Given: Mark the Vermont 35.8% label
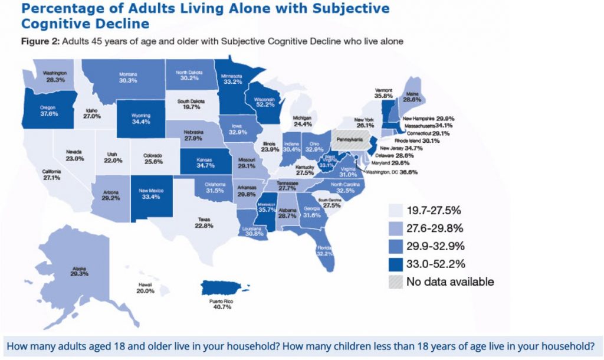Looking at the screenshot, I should [x=384, y=93].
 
